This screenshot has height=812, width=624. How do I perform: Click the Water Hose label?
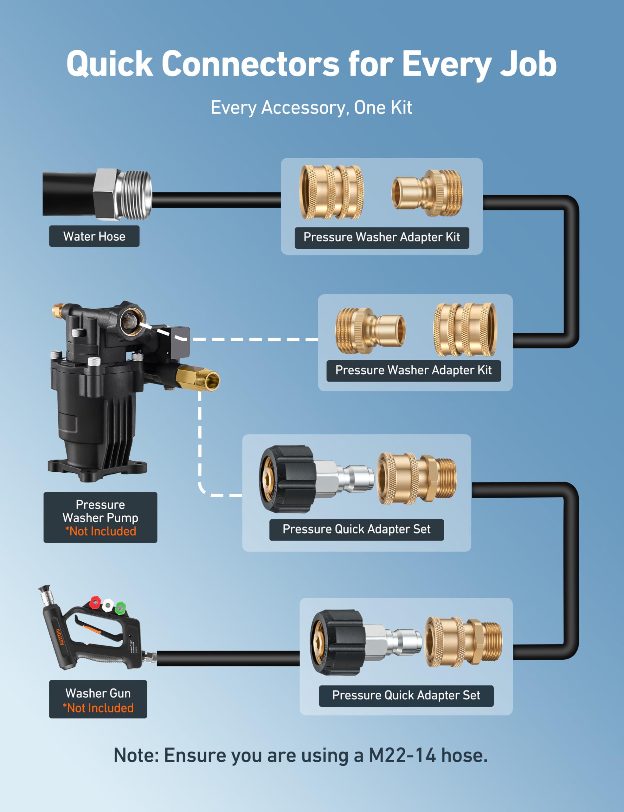coord(94,236)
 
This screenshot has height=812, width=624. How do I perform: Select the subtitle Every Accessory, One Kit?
coord(311,108)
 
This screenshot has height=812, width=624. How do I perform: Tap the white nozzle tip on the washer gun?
coord(108,605)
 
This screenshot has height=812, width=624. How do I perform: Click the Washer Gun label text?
coord(98,693)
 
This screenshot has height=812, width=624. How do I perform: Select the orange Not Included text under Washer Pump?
coord(100,531)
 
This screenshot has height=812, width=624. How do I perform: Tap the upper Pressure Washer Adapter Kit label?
coord(382,237)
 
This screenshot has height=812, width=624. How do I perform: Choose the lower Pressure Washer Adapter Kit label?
coord(413,370)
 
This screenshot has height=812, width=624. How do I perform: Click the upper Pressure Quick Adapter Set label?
coord(356,529)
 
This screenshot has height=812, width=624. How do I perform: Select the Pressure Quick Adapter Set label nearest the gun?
coord(406,695)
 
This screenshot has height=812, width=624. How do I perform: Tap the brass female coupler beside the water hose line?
coord(331,192)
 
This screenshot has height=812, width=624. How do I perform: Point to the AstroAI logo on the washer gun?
coord(60,637)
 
